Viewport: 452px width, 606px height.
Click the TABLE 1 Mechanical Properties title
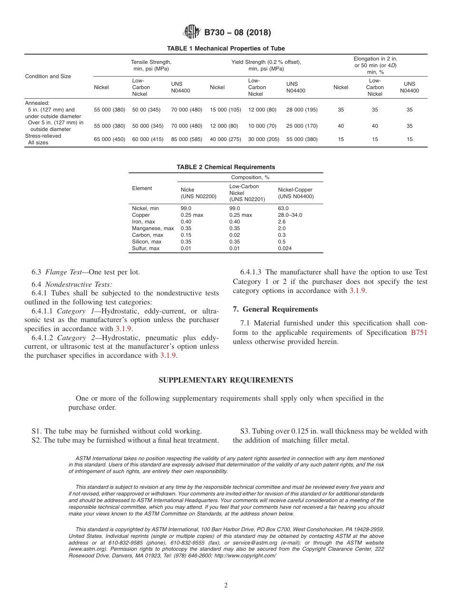pyautogui.click(x=226, y=49)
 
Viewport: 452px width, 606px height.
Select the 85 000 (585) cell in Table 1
pyautogui.click(x=187, y=139)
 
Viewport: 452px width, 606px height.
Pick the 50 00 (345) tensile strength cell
pyautogui.click(x=146, y=110)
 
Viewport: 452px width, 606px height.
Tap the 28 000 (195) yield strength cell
pyautogui.click(x=302, y=110)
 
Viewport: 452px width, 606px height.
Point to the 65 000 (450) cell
pyautogui.click(x=109, y=139)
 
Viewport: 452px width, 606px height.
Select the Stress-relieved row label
pyautogui.click(x=43, y=136)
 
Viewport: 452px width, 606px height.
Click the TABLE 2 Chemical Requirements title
pyautogui.click(x=226, y=167)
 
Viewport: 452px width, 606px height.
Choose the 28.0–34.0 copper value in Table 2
pyautogui.click(x=290, y=215)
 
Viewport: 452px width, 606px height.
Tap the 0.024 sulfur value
pyautogui.click(x=285, y=248)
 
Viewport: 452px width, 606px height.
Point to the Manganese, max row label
pyautogui.click(x=153, y=228)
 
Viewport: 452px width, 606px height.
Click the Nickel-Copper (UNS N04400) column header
pyautogui.click(x=295, y=193)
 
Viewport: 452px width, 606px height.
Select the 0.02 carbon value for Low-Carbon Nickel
pyautogui.click(x=235, y=235)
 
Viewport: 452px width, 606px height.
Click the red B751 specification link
pyautogui.click(x=419, y=333)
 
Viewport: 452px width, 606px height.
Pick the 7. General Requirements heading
pyautogui.click(x=275, y=309)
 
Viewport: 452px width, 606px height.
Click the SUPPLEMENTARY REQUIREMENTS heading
pyautogui.click(x=226, y=380)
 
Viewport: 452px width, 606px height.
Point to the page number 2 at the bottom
pyautogui.click(x=226, y=586)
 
